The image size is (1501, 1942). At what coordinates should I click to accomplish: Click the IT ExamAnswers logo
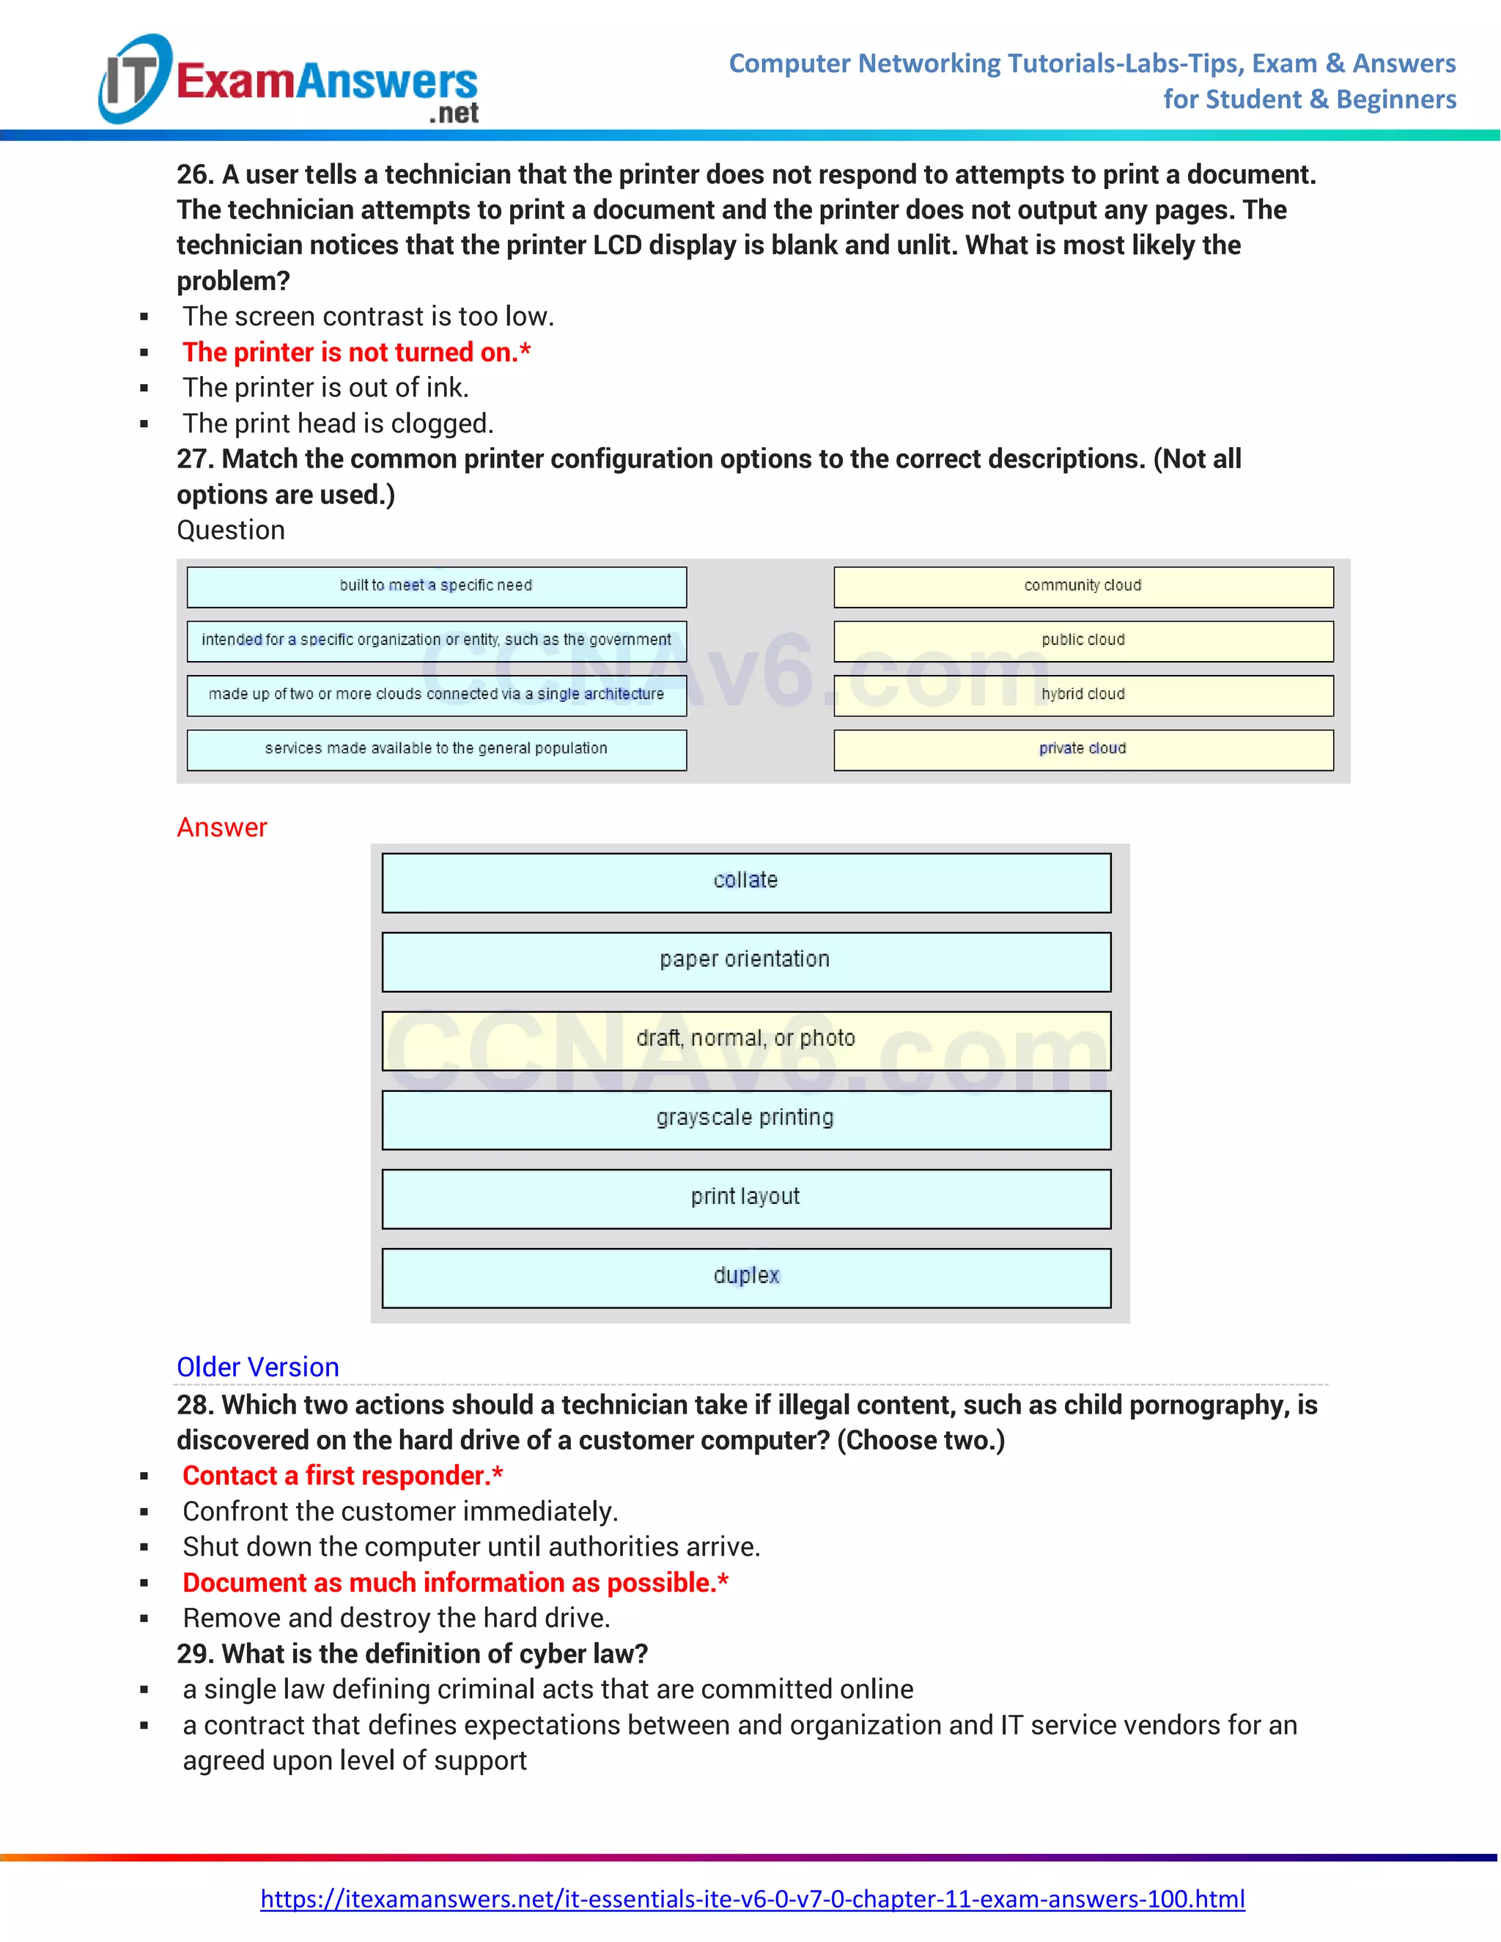289,80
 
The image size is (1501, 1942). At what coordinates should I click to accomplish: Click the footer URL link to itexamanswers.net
752,1899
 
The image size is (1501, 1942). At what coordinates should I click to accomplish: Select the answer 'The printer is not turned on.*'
355,352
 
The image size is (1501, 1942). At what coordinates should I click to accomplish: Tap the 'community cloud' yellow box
1083,587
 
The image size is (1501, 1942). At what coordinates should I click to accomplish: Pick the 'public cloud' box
1083,641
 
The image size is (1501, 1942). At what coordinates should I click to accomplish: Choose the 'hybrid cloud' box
1083,695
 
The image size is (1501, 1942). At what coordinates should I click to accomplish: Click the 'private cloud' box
1083,750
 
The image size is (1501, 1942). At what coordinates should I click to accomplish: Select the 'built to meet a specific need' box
437,587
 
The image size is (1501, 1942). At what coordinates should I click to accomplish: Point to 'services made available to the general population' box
437,750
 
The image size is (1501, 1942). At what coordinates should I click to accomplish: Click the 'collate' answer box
746,882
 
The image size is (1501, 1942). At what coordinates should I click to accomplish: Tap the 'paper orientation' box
746,961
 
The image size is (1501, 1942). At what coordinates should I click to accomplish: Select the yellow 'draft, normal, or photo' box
746,1041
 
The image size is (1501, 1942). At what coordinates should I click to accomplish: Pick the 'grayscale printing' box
746,1120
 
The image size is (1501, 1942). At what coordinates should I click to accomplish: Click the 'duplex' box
746,1278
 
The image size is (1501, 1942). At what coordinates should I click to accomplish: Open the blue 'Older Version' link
258,1367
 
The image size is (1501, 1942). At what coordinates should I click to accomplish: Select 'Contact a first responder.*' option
342,1475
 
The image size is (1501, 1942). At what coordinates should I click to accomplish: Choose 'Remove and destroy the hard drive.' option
396,1617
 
